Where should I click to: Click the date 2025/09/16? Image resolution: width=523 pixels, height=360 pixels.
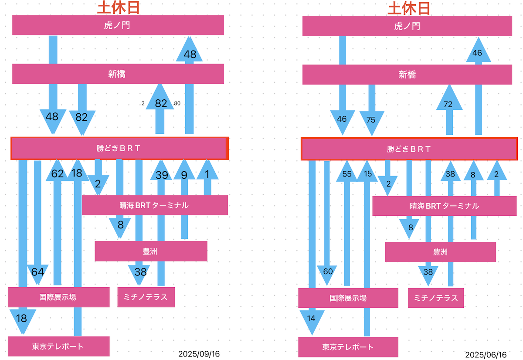199,354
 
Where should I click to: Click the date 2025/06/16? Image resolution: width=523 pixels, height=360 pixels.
486,355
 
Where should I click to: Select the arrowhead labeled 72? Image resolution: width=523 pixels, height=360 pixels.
449,97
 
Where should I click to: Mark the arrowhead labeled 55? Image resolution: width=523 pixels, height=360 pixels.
347,171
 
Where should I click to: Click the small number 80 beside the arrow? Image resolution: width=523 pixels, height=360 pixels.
177,103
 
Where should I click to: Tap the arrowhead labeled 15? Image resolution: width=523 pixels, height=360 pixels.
367,171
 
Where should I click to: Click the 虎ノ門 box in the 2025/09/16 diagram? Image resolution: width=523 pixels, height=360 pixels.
118,25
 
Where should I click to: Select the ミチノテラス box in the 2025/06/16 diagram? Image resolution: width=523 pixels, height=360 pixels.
436,298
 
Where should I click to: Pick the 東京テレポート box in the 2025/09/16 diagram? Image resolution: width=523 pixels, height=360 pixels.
58,346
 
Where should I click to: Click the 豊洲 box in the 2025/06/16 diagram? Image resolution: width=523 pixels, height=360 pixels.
440,252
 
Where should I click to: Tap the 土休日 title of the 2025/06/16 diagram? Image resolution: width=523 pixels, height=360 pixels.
409,8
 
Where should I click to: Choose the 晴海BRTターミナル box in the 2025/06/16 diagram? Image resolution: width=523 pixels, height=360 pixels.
444,206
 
